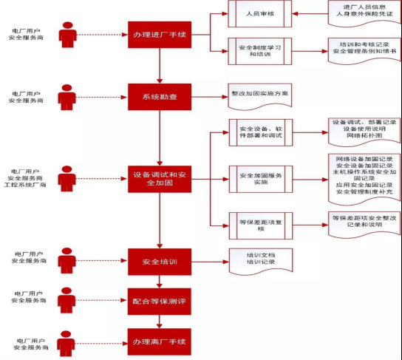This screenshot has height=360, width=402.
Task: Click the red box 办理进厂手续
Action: tap(160, 35)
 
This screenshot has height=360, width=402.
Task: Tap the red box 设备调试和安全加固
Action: tap(160, 178)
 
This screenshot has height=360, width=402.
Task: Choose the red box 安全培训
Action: tap(160, 262)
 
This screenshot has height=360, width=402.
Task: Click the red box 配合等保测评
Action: tap(160, 301)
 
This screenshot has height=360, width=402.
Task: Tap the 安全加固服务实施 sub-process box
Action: tap(260, 178)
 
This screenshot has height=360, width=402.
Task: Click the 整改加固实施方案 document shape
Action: tap(260, 95)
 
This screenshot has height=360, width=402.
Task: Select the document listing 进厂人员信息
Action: tap(361, 14)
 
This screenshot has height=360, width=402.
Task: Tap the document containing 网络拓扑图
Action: tap(361, 132)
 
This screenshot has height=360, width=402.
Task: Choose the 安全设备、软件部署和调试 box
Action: tap(260, 132)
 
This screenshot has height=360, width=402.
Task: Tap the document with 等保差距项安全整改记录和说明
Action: tap(361, 223)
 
